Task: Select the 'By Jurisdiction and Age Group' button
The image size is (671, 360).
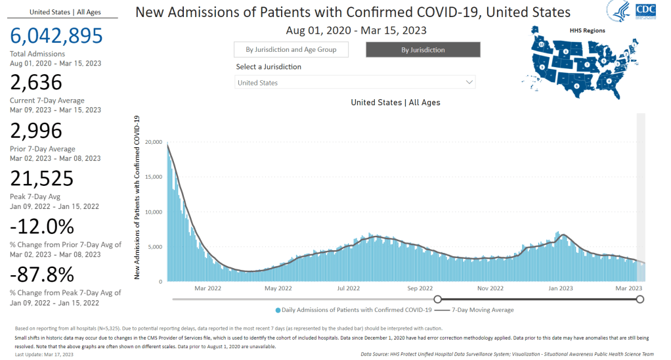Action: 290,50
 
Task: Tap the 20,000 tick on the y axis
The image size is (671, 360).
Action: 154,142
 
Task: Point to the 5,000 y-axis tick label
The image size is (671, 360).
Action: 156,247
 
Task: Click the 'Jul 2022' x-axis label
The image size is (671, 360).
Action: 349,288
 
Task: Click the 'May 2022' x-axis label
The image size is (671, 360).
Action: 278,288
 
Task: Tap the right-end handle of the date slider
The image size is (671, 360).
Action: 640,299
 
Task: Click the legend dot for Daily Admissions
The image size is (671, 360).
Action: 278,310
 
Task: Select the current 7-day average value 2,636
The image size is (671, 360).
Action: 36,83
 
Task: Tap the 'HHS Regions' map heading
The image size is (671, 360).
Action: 588,30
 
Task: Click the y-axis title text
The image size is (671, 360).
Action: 137,197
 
